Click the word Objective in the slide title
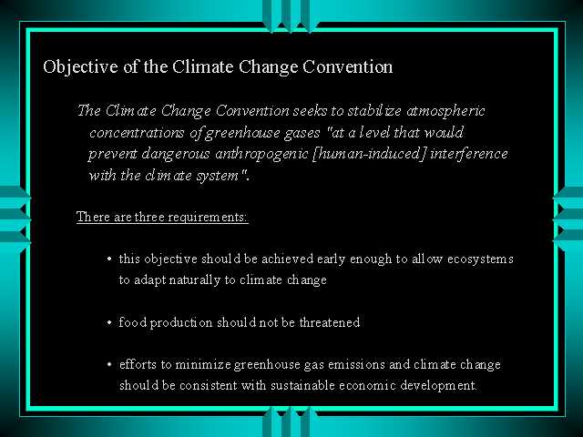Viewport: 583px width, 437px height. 80,67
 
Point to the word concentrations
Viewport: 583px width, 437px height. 137,133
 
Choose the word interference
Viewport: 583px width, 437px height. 469,154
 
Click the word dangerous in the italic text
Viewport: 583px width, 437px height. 176,155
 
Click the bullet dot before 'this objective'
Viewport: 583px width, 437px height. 109,259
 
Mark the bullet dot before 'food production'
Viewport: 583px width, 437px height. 109,322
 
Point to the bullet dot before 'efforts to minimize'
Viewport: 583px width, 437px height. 109,365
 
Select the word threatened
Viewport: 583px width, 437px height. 330,322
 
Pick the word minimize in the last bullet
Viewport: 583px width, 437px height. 203,364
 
